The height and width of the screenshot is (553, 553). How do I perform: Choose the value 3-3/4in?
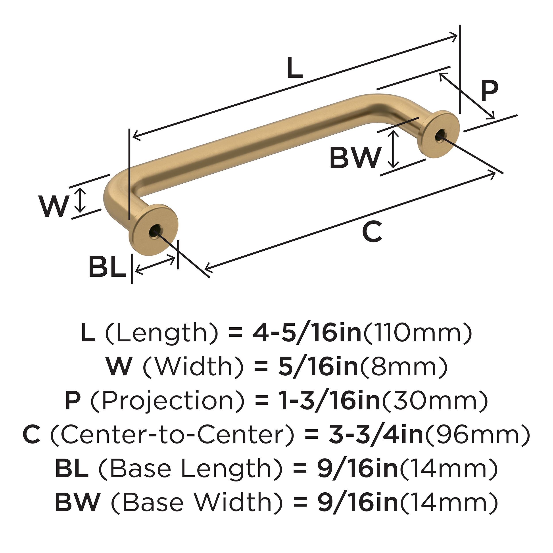point(376,435)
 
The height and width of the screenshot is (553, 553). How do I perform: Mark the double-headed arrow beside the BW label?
point(394,149)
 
